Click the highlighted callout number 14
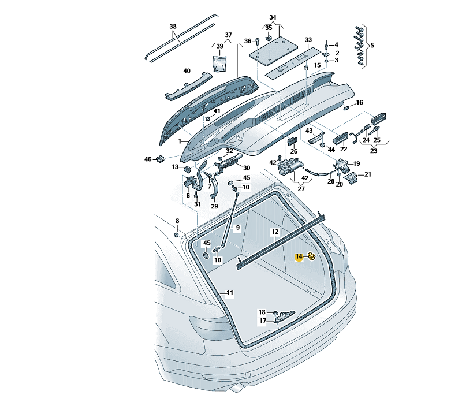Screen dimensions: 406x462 (x=299, y=257)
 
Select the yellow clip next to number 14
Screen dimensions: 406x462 (x=311, y=257)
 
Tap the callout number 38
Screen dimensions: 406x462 (x=173, y=27)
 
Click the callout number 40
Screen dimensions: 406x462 (x=187, y=71)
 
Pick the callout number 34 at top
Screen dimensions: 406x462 (x=273, y=17)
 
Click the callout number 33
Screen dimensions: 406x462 (x=308, y=40)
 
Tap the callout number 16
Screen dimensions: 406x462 (x=359, y=102)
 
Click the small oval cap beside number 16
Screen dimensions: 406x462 (x=346, y=107)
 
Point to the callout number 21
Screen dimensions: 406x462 (x=368, y=174)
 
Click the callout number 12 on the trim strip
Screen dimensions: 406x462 (x=275, y=232)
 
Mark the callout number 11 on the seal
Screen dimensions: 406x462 (x=229, y=293)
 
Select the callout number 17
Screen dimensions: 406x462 (x=262, y=321)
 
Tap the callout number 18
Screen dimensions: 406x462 (x=262, y=312)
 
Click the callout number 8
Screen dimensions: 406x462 (x=177, y=221)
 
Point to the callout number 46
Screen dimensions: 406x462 (x=147, y=159)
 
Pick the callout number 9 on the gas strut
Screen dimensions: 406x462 (x=236, y=228)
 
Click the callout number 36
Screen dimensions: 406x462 (x=247, y=41)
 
